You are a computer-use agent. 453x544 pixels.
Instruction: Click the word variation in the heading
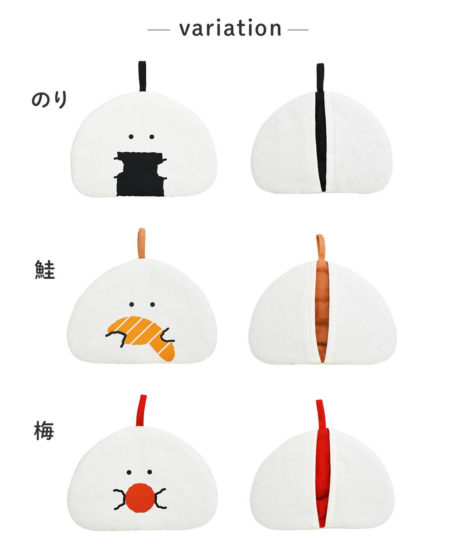coord(231,28)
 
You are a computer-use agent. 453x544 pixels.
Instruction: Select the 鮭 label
coord(45,270)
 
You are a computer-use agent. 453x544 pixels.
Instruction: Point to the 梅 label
coord(44,431)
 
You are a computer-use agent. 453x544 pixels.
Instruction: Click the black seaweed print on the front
coord(140,174)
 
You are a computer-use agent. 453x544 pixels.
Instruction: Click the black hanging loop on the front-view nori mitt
coord(142,76)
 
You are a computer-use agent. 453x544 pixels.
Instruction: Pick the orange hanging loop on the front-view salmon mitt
coord(142,243)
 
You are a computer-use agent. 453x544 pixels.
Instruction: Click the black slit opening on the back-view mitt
coord(321,142)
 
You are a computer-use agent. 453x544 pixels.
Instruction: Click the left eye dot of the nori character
coord(131,137)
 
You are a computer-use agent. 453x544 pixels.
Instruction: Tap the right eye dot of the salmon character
coord(153,304)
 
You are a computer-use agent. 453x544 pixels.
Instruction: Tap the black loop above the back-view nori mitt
coord(320,78)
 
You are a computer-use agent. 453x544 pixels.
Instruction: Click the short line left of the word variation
coord(159,30)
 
